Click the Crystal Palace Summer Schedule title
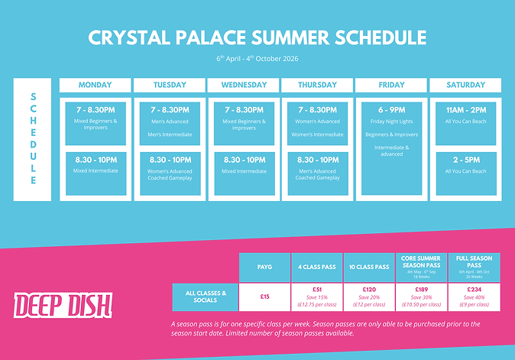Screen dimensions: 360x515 pos(257,37)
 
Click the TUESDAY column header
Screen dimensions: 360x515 pos(169,85)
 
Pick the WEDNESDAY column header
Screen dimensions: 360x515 pos(243,85)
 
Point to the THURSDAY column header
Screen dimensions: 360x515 pos(317,85)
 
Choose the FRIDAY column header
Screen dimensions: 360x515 pos(391,85)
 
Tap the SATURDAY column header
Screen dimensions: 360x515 pos(465,85)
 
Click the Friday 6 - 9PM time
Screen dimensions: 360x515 pos(391,109)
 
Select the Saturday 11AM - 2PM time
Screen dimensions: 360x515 pos(465,109)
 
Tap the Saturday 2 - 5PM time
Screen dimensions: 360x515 pos(465,160)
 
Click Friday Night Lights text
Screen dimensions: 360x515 pos(391,121)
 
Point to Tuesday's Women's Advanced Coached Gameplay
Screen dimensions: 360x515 pos(169,175)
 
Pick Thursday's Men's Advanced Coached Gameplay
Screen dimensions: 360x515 pos(317,175)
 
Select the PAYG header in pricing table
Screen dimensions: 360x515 pos(265,267)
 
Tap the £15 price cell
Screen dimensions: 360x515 pos(265,296)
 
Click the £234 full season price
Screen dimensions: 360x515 pos(475,290)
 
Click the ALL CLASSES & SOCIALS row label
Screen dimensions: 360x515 pos(206,296)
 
